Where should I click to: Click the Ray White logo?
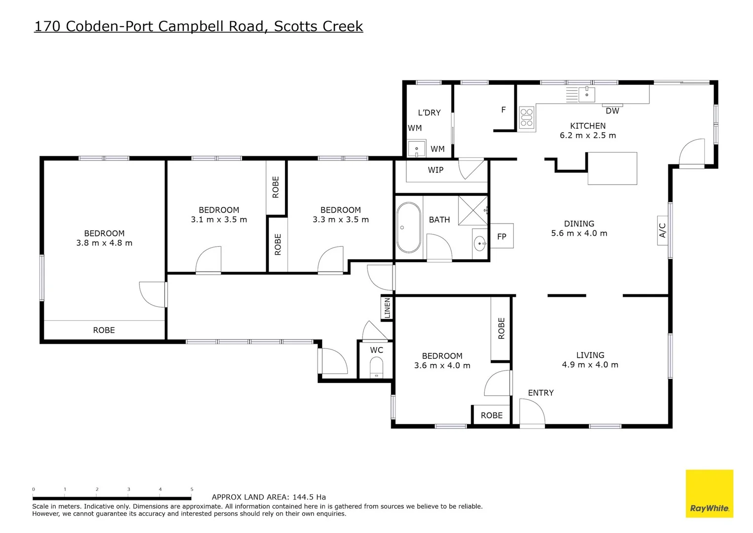[709, 494]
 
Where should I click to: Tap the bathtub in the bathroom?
[409, 228]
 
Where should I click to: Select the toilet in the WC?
[376, 368]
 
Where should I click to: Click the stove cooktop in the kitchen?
[527, 117]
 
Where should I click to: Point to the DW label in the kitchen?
[612, 111]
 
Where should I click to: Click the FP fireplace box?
[502, 236]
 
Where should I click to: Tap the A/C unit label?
[662, 230]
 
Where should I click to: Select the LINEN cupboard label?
[387, 308]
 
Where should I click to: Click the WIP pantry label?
[435, 170]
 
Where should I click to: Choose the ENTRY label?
[540, 393]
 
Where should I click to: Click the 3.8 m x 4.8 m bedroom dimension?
[104, 243]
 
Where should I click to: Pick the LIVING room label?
[590, 355]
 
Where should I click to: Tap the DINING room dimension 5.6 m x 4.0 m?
[579, 233]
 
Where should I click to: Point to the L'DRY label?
[429, 113]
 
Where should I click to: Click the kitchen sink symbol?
[586, 93]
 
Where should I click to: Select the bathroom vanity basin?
[479, 243]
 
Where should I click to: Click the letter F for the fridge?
[503, 110]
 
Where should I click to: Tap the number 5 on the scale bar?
[192, 489]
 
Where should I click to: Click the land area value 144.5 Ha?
[309, 497]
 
